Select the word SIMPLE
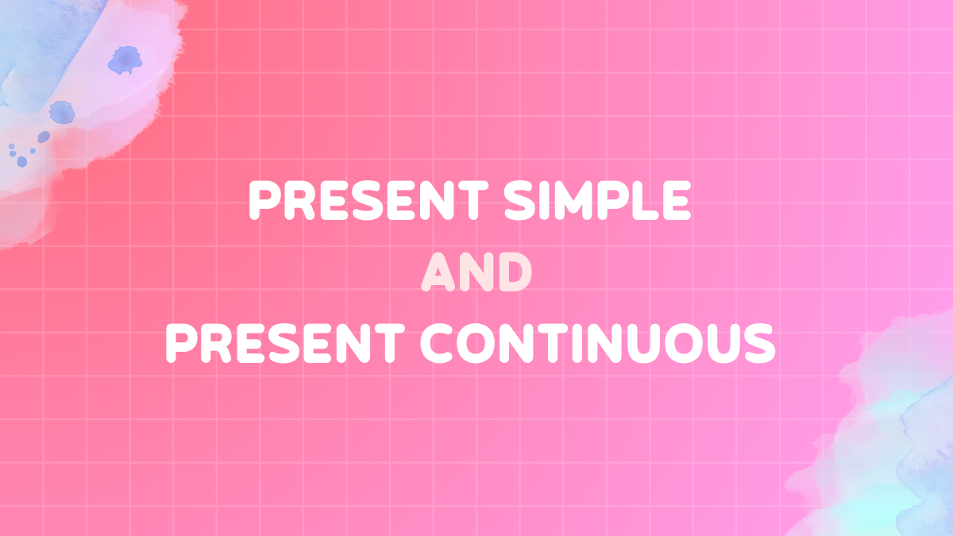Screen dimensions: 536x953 (x=592, y=201)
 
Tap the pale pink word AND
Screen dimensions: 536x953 (x=476, y=273)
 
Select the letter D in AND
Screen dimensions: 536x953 (x=514, y=273)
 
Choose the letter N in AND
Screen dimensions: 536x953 (x=476, y=273)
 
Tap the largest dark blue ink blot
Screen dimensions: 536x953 (x=124, y=60)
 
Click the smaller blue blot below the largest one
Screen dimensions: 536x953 (x=61, y=111)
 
